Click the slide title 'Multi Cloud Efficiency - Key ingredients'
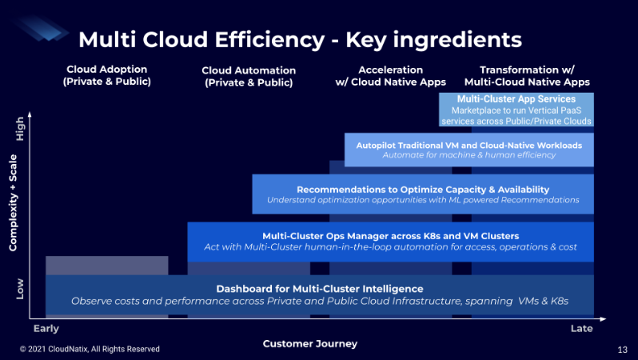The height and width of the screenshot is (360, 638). coord(299,39)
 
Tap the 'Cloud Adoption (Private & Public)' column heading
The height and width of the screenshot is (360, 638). coord(108,75)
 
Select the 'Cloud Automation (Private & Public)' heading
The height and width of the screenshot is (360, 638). coord(249,76)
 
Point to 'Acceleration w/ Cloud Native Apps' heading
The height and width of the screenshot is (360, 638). coord(390,76)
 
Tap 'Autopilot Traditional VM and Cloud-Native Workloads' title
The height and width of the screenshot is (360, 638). coord(469,145)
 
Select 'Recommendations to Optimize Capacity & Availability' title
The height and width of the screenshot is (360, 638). coord(423,189)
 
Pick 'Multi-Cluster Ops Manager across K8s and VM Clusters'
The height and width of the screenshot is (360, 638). coord(391,236)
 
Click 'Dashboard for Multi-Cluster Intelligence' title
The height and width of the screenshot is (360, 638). coord(320,288)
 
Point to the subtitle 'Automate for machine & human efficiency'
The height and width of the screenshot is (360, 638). coord(469,155)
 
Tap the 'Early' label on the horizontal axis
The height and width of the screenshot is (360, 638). coord(46,329)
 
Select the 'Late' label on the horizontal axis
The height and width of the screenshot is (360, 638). coord(581,329)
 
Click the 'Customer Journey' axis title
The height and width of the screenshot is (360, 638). coord(310,344)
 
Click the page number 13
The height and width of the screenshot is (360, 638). coord(623,350)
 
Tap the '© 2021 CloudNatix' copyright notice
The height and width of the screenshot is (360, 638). coord(90,350)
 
